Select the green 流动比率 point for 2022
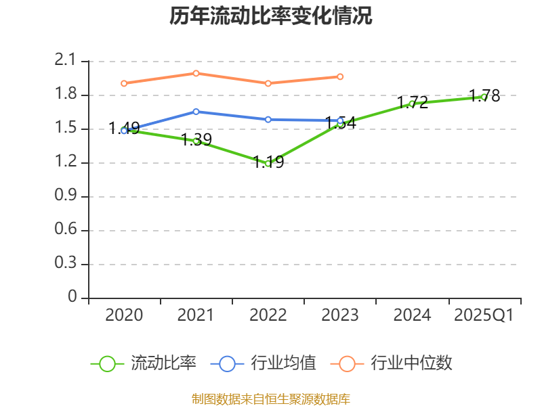coord(268,163)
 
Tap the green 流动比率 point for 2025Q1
coord(484,97)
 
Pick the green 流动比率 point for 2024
coord(412,104)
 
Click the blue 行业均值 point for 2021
coord(196,112)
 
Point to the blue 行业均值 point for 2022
coord(268,119)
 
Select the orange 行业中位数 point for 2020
coord(124,83)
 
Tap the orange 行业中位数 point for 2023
coord(340,76)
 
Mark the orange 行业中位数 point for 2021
coord(196,73)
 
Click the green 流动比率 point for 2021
coord(196,141)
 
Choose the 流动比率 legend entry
coord(144,363)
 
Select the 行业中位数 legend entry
coord(392,363)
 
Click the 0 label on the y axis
coord(73,298)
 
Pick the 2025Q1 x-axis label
coord(484,315)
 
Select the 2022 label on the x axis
coord(268,315)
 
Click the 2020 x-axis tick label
coord(124,315)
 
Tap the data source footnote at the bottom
coord(271,399)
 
